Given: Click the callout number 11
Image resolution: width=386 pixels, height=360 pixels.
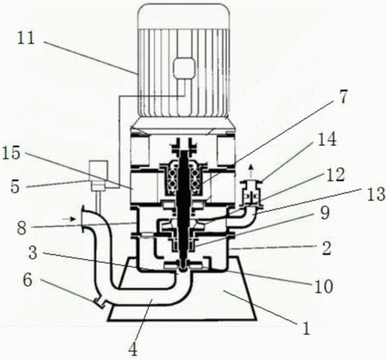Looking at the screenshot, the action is click(26, 38).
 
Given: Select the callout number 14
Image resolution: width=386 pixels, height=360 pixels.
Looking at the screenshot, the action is click(328, 139).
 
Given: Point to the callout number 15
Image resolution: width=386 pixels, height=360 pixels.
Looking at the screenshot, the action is click(11, 154).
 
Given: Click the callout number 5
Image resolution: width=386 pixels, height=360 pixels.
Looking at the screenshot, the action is click(15, 186).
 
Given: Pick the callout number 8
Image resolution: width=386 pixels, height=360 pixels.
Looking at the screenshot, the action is click(22, 228).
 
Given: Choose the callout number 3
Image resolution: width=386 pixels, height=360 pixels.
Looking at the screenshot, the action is click(33, 253).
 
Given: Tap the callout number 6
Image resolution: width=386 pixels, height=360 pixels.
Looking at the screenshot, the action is click(28, 281).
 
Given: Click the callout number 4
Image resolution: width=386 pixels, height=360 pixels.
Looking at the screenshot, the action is click(133, 350).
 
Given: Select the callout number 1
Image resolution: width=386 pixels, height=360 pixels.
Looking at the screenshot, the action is click(307, 329).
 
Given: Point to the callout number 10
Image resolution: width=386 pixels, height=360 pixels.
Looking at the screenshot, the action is click(324, 286).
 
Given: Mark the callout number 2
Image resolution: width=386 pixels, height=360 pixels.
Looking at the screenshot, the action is click(327, 248).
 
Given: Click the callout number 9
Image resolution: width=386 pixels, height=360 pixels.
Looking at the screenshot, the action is click(325, 214).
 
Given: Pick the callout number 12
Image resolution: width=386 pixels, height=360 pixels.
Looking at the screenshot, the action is click(336, 175).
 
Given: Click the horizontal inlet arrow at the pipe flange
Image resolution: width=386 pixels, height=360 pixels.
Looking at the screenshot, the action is click(69, 219).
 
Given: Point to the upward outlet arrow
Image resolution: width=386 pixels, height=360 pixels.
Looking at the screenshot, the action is click(250, 171).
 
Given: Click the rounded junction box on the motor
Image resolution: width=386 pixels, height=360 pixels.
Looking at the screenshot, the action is click(184, 68).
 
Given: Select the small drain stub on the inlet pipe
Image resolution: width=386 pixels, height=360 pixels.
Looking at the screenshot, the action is click(100, 303).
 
